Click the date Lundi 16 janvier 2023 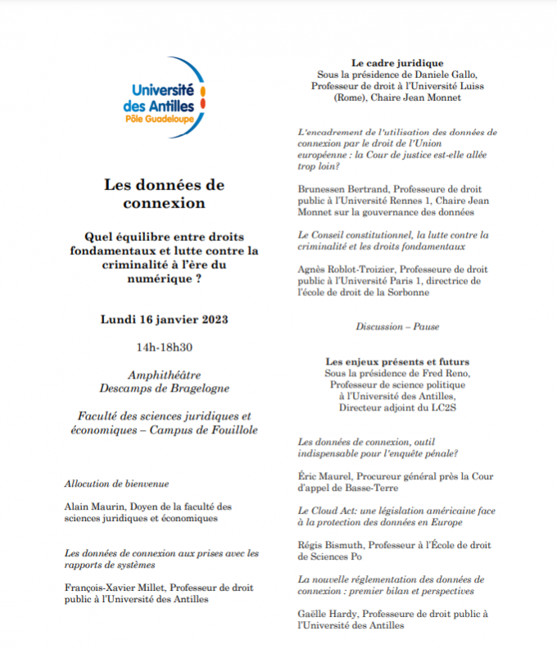click(x=164, y=319)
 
